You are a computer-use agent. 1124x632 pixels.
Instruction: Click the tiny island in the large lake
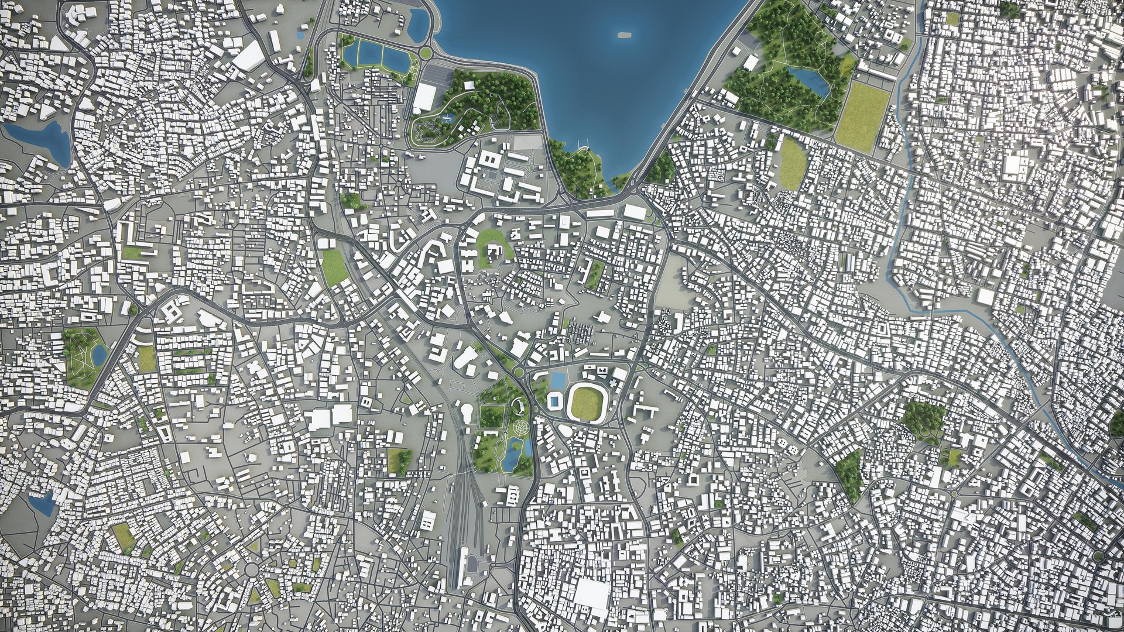[625, 34]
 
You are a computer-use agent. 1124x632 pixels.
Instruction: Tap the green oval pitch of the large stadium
[586, 401]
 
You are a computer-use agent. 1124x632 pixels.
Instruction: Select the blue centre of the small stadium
[554, 401]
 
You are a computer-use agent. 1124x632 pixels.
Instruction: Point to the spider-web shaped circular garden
[518, 429]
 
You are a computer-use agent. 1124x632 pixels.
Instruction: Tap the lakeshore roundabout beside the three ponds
[426, 53]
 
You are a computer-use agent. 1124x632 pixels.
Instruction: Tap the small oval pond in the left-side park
[100, 354]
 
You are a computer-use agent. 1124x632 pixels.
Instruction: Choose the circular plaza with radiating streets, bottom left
[252, 569]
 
